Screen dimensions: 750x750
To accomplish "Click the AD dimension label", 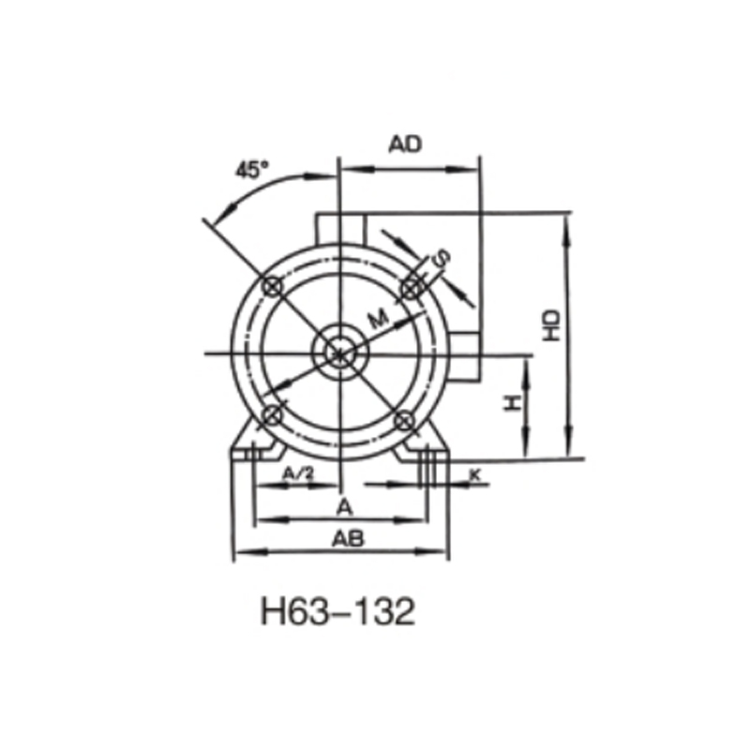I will pyautogui.click(x=406, y=143).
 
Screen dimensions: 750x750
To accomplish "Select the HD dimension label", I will pyautogui.click(x=552, y=324).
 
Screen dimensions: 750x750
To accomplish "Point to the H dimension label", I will pyautogui.click(x=512, y=403).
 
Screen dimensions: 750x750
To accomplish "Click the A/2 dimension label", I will pyautogui.click(x=297, y=474).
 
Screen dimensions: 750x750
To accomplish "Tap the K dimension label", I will pyautogui.click(x=474, y=475).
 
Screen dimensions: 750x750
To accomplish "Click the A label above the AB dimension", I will pyautogui.click(x=344, y=507).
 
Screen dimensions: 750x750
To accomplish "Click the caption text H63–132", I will pyautogui.click(x=337, y=613).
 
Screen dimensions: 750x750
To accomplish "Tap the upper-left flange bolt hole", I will pyautogui.click(x=273, y=286).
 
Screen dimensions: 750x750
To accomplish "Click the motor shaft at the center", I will pyautogui.click(x=339, y=353).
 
